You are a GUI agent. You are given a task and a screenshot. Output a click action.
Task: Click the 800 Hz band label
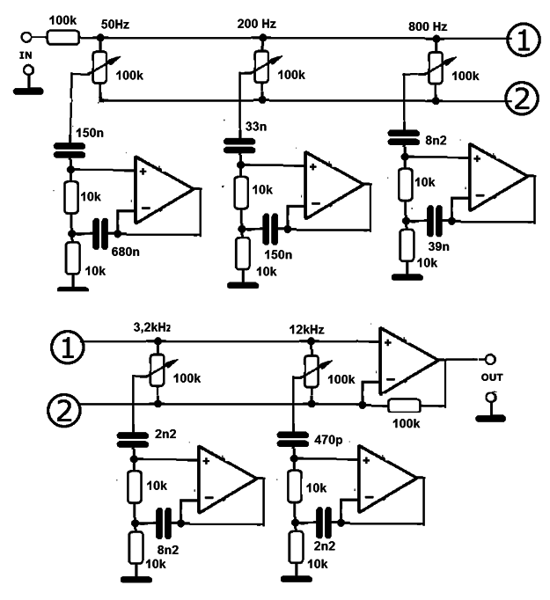[x=428, y=26]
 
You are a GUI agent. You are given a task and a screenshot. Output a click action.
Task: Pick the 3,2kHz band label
[x=150, y=327]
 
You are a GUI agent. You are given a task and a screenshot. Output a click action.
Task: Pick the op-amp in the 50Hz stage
[x=163, y=190]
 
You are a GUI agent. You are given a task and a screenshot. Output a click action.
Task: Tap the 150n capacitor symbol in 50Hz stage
[x=67, y=150]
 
